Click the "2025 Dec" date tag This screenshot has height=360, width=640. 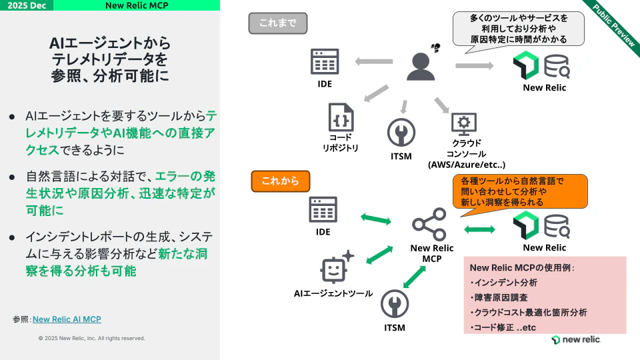(x=27, y=5)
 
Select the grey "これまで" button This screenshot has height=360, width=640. (x=278, y=23)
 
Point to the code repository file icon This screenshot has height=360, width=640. (x=340, y=117)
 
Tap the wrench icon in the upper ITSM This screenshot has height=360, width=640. (x=401, y=133)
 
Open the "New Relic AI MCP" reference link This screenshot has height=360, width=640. (x=67, y=319)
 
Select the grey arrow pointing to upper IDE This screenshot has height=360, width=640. (x=373, y=62)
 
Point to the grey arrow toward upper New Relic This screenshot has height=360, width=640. (x=475, y=65)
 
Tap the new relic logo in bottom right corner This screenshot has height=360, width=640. (x=576, y=340)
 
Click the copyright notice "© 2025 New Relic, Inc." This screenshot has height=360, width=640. (x=91, y=339)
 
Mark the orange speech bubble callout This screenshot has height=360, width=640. (x=519, y=191)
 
